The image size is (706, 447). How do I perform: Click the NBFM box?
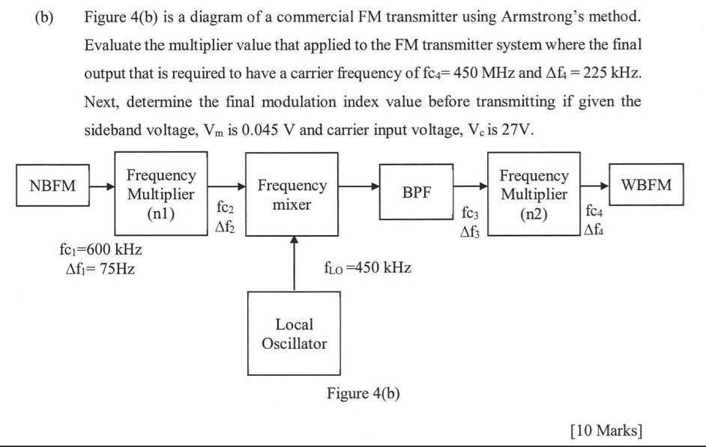(x=52, y=186)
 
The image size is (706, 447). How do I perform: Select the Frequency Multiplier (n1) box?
(x=161, y=193)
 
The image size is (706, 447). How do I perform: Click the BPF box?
(x=417, y=192)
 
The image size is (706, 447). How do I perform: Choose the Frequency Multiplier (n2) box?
(x=534, y=193)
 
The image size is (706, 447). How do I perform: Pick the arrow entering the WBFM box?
(x=595, y=186)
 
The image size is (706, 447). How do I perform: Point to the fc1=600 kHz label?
(x=94, y=249)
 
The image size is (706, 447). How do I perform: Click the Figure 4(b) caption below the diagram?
(x=363, y=394)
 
